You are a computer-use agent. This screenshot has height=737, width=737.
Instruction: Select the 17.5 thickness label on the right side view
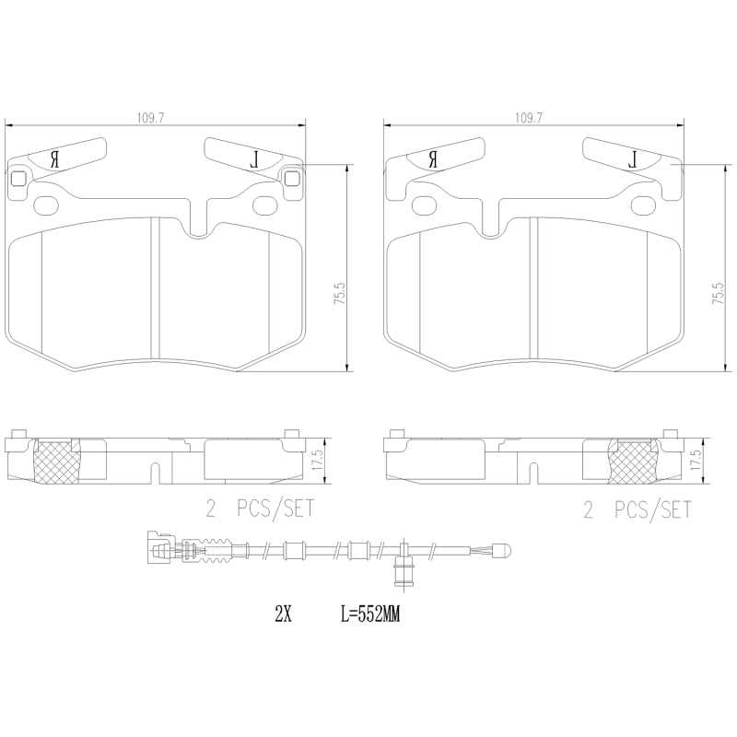click(x=696, y=458)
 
